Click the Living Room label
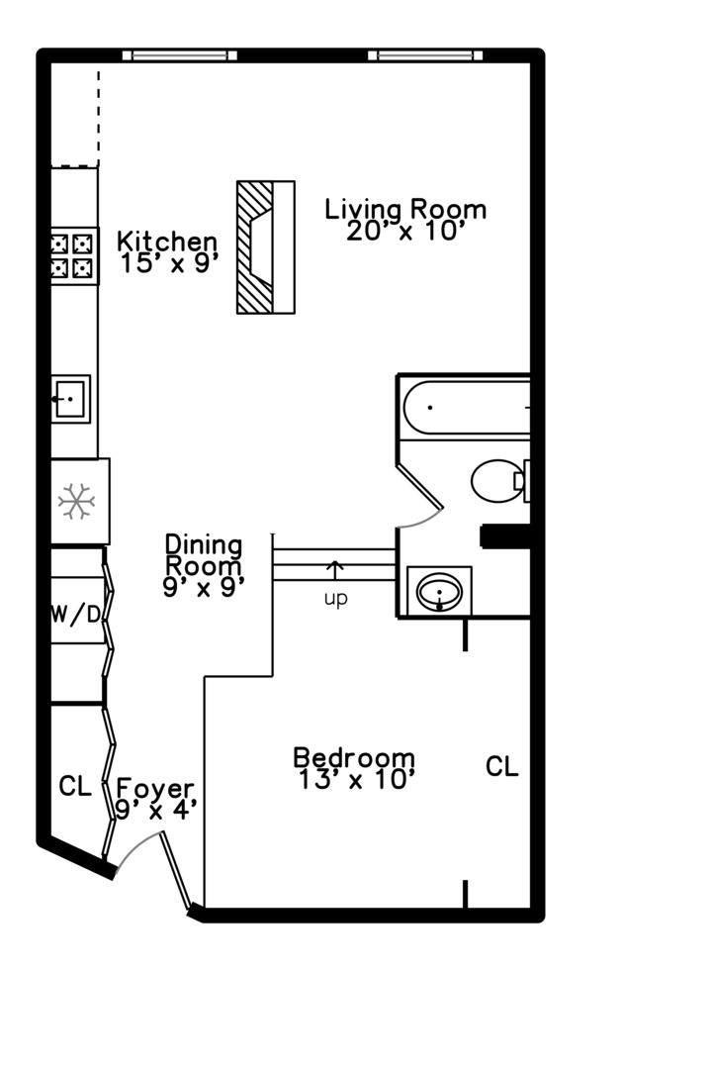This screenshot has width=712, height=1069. [x=405, y=210]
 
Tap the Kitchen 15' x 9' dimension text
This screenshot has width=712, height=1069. [x=168, y=264]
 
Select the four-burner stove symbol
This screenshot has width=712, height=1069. [x=74, y=256]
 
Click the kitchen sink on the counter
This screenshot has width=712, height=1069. [x=70, y=399]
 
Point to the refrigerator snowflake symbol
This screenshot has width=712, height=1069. [x=75, y=502]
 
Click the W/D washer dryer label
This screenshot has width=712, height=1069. [x=75, y=615]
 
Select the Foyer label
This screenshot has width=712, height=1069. [x=155, y=789]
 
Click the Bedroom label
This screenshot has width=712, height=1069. [x=353, y=758]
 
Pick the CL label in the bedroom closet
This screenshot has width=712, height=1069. [x=501, y=767]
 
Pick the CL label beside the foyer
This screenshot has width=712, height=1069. [x=75, y=788]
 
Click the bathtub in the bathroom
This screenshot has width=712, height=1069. [x=465, y=407]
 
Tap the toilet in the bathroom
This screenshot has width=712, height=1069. [x=499, y=481]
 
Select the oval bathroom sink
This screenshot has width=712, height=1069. [x=439, y=592]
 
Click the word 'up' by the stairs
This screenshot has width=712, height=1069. [x=336, y=600]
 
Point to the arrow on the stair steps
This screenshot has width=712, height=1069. [x=335, y=570]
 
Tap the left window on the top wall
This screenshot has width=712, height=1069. [x=179, y=55]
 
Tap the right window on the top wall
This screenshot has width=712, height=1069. [x=424, y=55]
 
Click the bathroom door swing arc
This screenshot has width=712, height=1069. [x=423, y=517]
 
